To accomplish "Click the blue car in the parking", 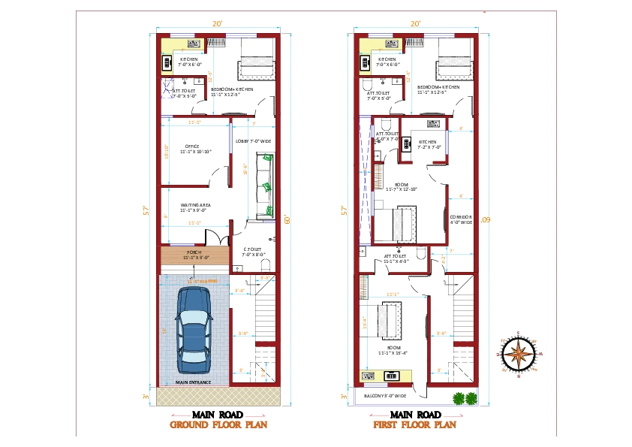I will tap(194, 331).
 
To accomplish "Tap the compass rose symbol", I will tap(519, 352).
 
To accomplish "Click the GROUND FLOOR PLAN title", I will tap(219, 424).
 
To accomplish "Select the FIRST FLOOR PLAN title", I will tap(415, 424).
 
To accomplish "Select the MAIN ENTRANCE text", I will tap(193, 382).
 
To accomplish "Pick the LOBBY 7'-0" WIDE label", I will tap(253, 140).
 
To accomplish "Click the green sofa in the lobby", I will tap(266, 185).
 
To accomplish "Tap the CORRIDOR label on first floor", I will tap(461, 219).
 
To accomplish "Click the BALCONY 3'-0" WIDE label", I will tap(386, 396).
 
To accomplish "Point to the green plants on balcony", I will tap(463, 398).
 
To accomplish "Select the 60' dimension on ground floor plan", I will tap(287, 219).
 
